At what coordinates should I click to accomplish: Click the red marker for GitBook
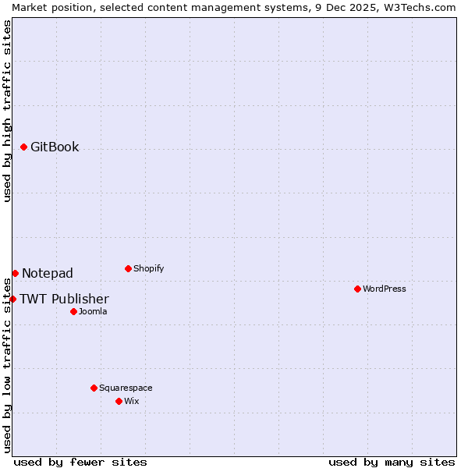tap(23, 147)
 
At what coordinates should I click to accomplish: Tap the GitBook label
tap(55, 147)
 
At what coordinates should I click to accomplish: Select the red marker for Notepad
tap(15, 273)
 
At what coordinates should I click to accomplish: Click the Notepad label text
tap(48, 273)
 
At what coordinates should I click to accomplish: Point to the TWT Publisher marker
tap(12, 299)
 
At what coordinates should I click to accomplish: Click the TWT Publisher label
tap(64, 299)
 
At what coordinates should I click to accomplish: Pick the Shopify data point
tap(128, 268)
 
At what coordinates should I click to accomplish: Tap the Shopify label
tap(148, 268)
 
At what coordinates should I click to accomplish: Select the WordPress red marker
tap(357, 289)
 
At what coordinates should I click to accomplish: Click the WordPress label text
tap(384, 289)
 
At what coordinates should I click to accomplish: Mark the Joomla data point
tap(73, 311)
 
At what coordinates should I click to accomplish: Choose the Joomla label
tap(93, 311)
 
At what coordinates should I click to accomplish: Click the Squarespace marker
tap(94, 388)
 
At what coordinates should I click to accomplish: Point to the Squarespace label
tap(126, 388)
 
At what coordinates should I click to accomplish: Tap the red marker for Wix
tap(119, 401)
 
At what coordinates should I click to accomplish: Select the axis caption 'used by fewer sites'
tap(80, 462)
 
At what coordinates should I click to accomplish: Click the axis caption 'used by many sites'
tap(392, 462)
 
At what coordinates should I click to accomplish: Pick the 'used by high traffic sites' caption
tap(7, 111)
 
